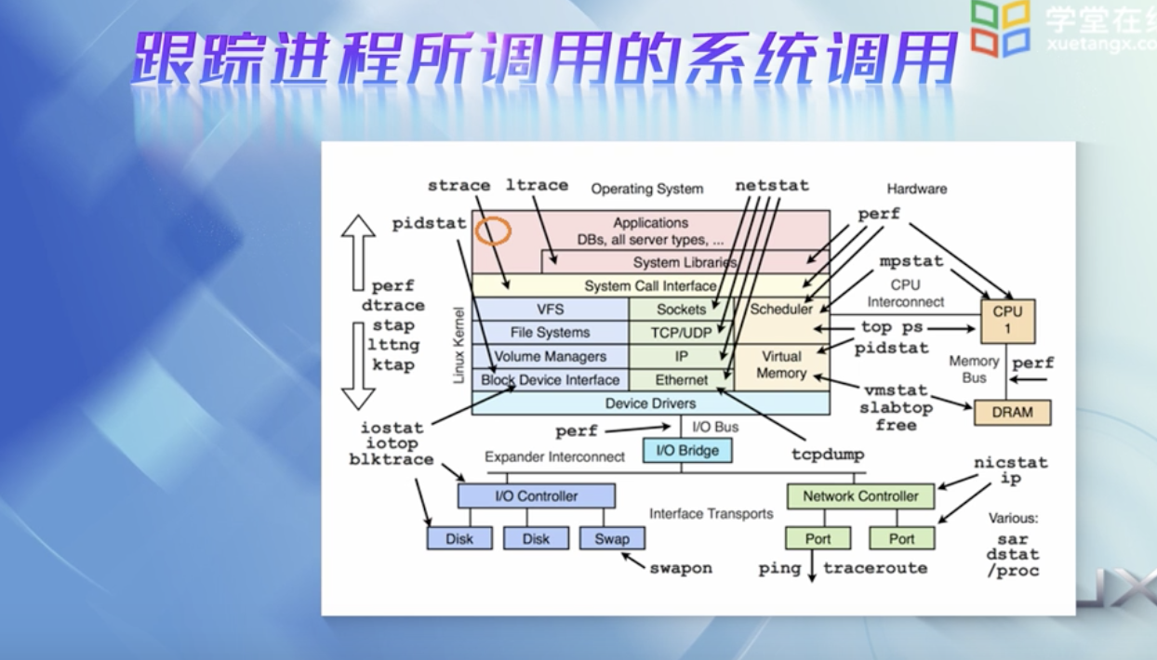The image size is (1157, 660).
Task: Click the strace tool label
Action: click(x=459, y=185)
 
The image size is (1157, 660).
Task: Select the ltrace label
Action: click(x=537, y=185)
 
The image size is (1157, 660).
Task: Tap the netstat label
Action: click(x=772, y=185)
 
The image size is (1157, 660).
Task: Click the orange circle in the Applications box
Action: click(x=493, y=231)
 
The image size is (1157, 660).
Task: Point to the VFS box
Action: click(x=551, y=310)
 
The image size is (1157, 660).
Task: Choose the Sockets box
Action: click(x=681, y=310)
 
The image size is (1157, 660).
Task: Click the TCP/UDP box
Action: click(x=681, y=333)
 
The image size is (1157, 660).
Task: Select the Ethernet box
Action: click(x=681, y=380)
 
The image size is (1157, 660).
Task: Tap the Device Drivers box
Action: click(x=650, y=403)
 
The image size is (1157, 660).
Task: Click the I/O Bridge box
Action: click(x=687, y=451)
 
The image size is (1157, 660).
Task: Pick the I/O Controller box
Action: click(x=536, y=496)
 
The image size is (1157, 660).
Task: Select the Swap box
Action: click(x=612, y=538)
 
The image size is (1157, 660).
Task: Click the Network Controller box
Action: click(x=860, y=496)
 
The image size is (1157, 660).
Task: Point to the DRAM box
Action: click(x=1012, y=413)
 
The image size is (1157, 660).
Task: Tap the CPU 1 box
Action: click(x=1007, y=321)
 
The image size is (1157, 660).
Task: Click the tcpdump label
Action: click(x=828, y=455)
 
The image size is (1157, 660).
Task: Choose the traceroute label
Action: click(x=875, y=568)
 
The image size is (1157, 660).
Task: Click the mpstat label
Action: click(x=911, y=261)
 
